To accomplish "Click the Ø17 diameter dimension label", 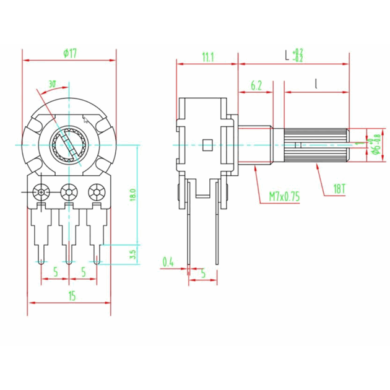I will [70, 54].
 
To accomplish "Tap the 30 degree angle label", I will [52, 84].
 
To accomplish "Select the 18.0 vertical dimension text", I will [132, 196].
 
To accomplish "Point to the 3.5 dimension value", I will [132, 254].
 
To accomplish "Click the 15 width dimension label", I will [72, 297].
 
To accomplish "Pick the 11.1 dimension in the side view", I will [207, 57].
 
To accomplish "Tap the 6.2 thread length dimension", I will [256, 85].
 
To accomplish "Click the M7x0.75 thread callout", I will [284, 197].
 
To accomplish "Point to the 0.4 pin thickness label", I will [168, 262].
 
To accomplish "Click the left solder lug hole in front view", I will [42, 193].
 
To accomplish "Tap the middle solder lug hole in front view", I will [69, 193].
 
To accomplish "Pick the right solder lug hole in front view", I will [96, 193].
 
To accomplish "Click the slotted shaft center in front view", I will [69, 145].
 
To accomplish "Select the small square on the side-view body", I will [207, 145].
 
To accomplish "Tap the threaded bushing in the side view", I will [254, 145].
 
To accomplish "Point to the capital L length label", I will [286, 56].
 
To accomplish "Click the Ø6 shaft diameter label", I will [376, 146].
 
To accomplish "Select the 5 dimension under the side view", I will [203, 273].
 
